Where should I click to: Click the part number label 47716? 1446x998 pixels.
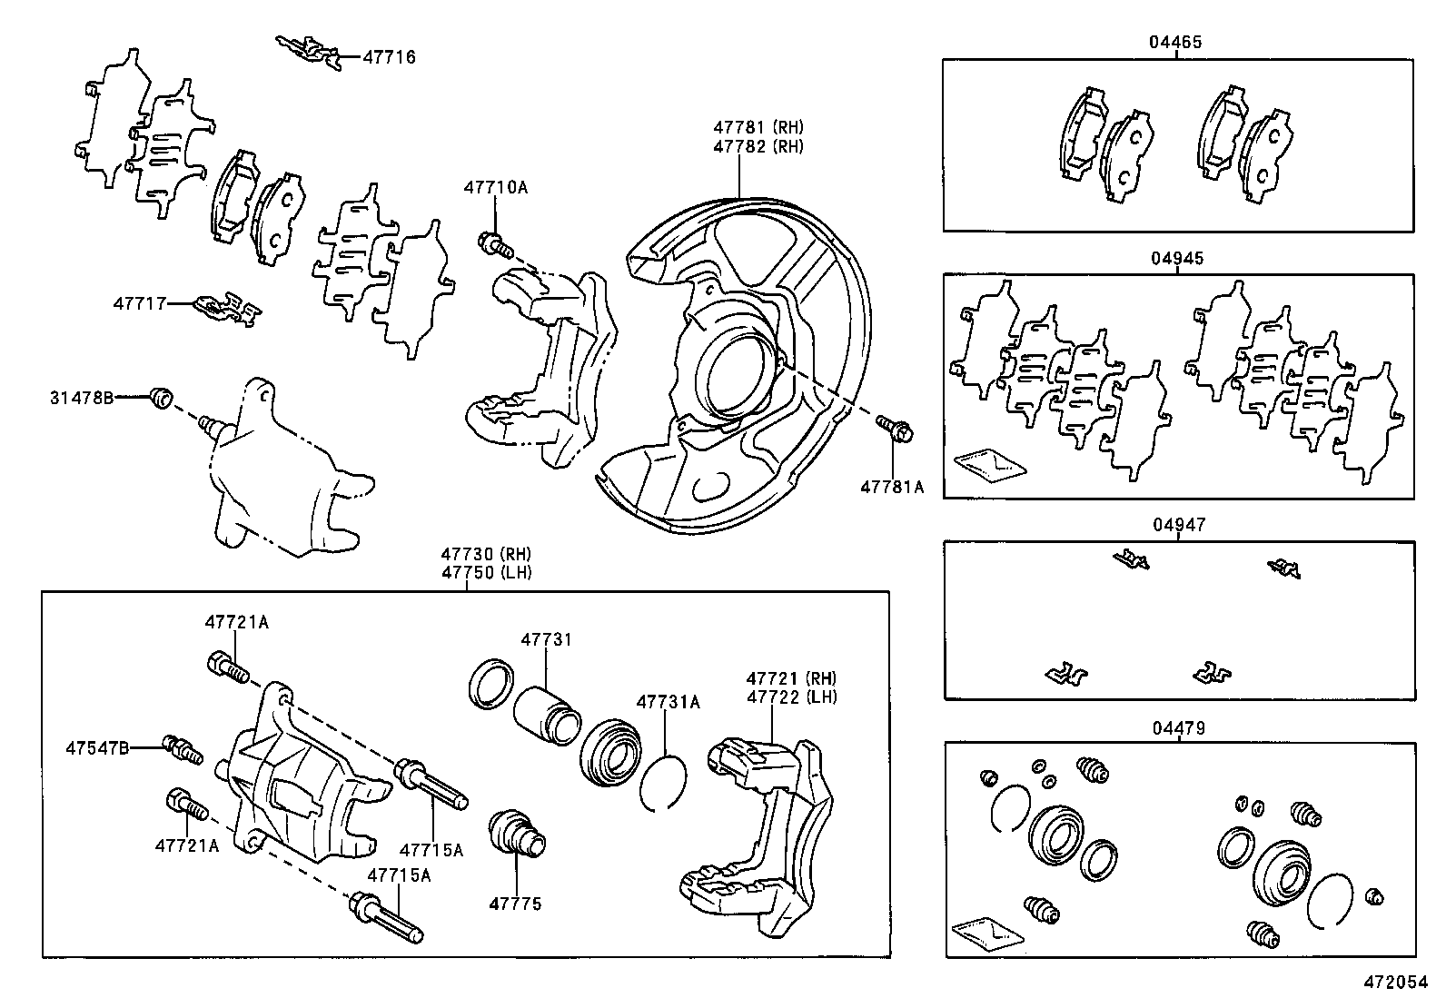(x=389, y=57)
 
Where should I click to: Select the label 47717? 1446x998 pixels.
(x=139, y=303)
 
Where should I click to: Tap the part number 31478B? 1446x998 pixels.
(x=82, y=397)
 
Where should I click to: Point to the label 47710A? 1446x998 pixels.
(x=495, y=188)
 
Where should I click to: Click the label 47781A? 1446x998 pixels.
(x=892, y=487)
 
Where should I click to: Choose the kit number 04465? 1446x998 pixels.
(x=1176, y=42)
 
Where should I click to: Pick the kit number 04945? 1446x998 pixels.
(x=1177, y=258)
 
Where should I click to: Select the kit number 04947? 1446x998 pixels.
(x=1178, y=525)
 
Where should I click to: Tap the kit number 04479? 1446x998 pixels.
(x=1178, y=727)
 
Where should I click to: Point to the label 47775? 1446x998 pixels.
(x=515, y=904)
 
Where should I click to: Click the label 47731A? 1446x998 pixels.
(x=668, y=702)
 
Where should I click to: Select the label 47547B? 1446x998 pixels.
(x=96, y=747)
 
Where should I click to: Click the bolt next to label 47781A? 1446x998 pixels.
(x=896, y=428)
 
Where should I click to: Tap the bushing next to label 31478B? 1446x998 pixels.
(x=162, y=397)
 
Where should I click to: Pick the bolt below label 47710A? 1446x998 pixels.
(x=494, y=243)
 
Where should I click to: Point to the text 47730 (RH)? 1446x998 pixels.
(x=486, y=554)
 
